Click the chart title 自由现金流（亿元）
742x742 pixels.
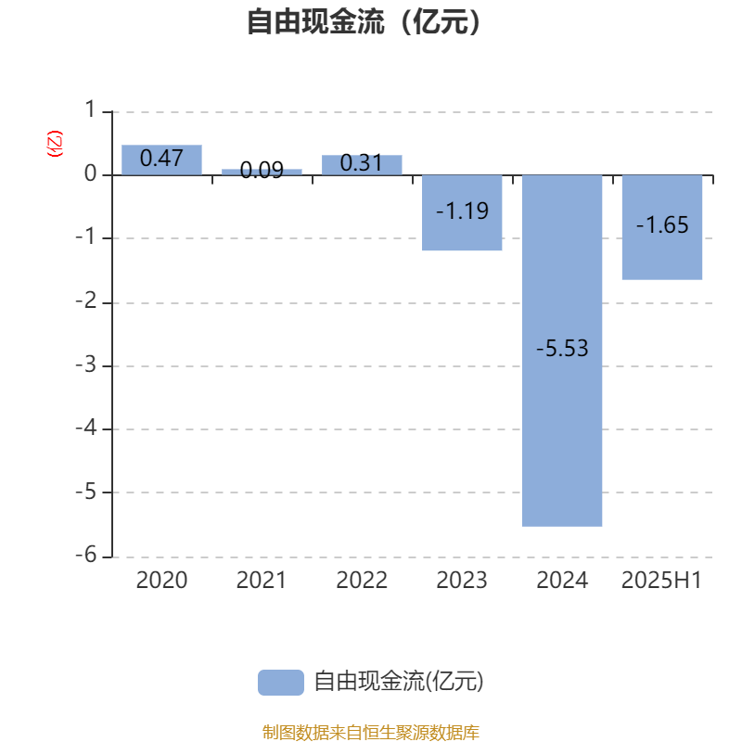(x=364, y=21)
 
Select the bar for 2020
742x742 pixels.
(x=161, y=160)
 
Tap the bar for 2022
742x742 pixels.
(x=362, y=165)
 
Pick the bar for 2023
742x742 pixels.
(x=462, y=213)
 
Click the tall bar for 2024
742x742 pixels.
(x=562, y=351)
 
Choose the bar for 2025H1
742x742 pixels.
(x=662, y=227)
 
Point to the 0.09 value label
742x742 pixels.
(x=262, y=170)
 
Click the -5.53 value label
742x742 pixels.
(x=562, y=349)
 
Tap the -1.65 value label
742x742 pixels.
(x=662, y=224)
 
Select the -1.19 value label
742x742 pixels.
(x=462, y=211)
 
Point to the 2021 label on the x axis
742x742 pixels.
(x=262, y=581)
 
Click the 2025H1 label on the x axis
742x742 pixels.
(x=661, y=581)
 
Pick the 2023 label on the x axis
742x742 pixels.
(x=462, y=581)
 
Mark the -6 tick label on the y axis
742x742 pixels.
(x=86, y=554)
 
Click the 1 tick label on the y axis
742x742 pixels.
(x=90, y=109)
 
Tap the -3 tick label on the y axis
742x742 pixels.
(x=86, y=365)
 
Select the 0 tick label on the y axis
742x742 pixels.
(x=90, y=173)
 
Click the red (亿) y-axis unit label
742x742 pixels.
(x=55, y=144)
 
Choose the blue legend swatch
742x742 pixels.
(x=281, y=683)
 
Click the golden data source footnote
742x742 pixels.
(x=371, y=732)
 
